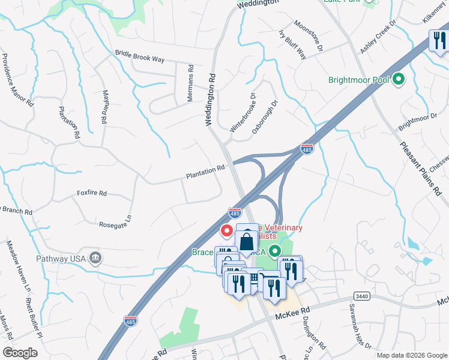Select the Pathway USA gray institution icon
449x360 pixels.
[x=95, y=259]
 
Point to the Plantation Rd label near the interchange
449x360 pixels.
[x=205, y=172]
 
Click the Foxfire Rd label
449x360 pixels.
[x=91, y=193]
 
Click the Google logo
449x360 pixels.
[x=20, y=352]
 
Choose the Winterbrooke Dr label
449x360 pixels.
[x=243, y=112]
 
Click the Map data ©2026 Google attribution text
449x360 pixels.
[x=412, y=355]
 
